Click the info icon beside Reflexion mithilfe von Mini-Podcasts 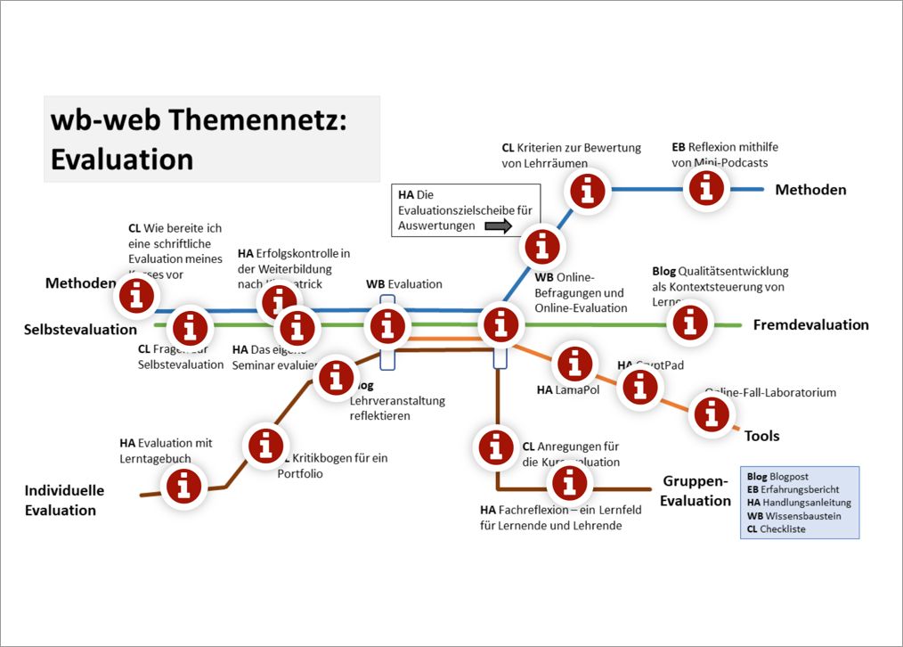point(708,188)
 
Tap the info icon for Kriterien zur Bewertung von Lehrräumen point(587,191)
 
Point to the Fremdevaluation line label point(810,324)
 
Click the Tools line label point(762,436)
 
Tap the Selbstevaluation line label point(80,330)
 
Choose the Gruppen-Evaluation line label point(696,491)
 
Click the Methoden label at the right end point(810,189)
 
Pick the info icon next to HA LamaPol point(575,363)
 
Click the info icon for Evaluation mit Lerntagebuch point(184,486)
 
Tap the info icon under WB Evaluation point(386,325)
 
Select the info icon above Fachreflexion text point(569,482)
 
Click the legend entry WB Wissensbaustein point(793,515)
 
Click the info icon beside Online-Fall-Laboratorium point(710,414)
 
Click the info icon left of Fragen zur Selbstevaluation point(190,329)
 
